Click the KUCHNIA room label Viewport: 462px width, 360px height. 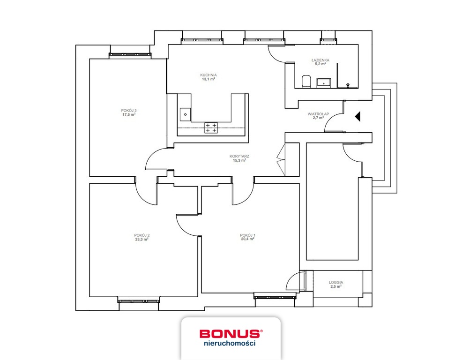coord(209,75)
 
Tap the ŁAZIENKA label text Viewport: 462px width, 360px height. coord(320,60)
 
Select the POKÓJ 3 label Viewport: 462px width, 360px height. coord(129,111)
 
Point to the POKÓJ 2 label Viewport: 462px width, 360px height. coord(142,235)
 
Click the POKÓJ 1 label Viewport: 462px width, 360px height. coord(247,235)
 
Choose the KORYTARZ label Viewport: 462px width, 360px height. coord(239,157)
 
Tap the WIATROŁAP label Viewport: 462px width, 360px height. coord(318,114)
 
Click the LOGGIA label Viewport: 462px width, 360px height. coord(336,282)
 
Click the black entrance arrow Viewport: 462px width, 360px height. coord(358,117)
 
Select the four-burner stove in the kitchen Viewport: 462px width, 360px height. coord(211,127)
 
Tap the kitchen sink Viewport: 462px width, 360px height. coord(186,114)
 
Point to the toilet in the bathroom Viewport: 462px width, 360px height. coord(306,82)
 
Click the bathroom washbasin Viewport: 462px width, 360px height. coord(324,83)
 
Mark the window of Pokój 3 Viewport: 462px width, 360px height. coord(130,54)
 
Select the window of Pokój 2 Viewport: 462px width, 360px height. coord(139,300)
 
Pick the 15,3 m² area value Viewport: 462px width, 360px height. coord(239,161)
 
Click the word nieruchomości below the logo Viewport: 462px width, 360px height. coord(230,343)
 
